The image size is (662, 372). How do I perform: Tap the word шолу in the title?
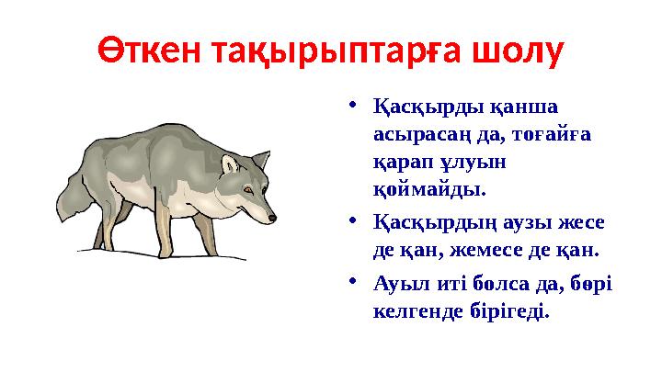tap(517, 52)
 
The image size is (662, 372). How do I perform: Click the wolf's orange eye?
tap(247, 190)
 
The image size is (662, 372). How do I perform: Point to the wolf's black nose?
tap(271, 218)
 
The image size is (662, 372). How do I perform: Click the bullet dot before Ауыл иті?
tap(356, 282)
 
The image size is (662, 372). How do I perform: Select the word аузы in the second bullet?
tap(506, 222)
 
